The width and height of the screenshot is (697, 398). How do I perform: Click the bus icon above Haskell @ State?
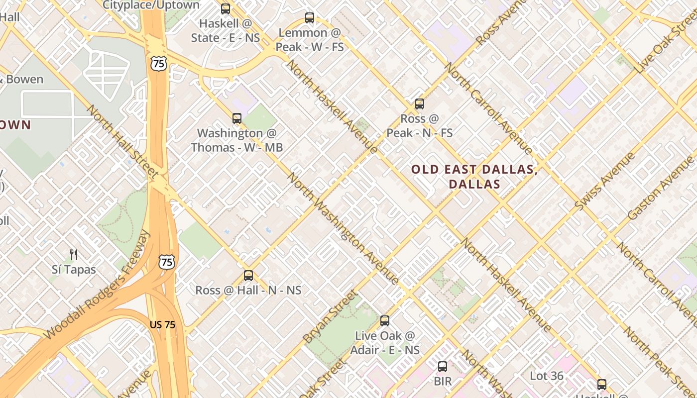coord(226,8)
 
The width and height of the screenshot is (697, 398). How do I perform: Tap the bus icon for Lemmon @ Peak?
coord(310,18)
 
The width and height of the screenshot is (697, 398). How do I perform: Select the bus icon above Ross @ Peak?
coord(420,104)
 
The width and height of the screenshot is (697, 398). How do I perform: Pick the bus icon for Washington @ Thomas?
coord(237,118)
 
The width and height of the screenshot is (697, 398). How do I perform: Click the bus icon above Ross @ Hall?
coord(248,276)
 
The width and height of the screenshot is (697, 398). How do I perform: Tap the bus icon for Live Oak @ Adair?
coord(385,321)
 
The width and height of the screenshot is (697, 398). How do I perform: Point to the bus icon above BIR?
coord(443,367)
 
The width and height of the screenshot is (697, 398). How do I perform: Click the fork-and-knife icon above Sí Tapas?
coord(74,255)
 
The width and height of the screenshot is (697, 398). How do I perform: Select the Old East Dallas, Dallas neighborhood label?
coord(474,177)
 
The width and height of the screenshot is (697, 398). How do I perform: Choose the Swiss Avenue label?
coord(605,181)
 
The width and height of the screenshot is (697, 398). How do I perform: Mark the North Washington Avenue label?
coord(344,229)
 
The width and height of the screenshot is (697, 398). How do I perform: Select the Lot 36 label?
coord(547,376)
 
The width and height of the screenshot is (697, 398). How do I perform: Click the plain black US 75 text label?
coord(162,324)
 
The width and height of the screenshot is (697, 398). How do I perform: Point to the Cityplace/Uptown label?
coord(151,5)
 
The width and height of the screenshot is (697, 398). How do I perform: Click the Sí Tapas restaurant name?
coord(74,270)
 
